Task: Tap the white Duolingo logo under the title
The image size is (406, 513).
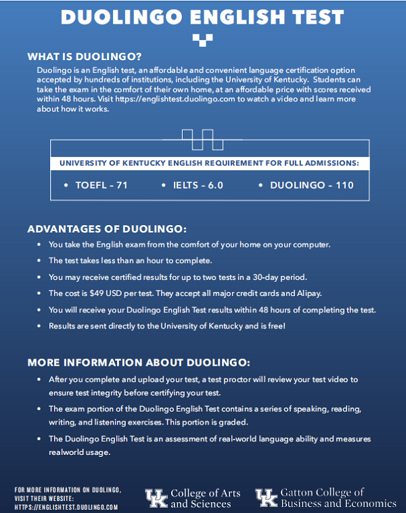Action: point(202,40)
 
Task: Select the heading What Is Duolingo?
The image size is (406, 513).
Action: point(85,56)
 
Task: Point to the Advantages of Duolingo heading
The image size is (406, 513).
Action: point(107,228)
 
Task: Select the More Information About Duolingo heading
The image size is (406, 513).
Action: point(139,362)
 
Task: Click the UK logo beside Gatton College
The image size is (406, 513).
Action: point(266,498)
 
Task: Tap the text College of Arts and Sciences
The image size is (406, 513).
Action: point(205,498)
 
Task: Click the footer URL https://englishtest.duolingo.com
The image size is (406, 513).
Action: point(66,506)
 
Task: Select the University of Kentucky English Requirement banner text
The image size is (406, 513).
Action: point(209,163)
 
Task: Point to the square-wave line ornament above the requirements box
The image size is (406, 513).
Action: point(202,139)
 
